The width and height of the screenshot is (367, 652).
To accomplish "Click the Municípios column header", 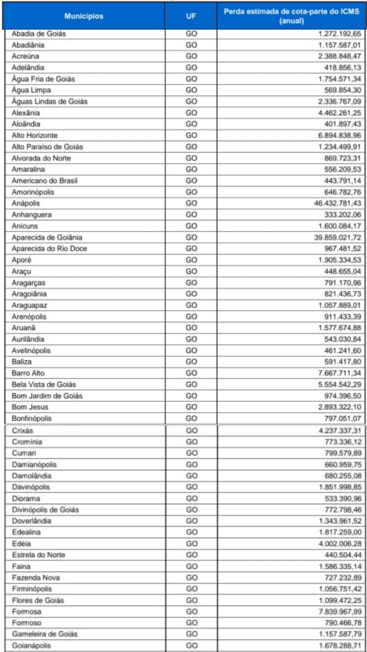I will (x=84, y=16).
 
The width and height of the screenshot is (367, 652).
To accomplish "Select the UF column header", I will (x=191, y=16).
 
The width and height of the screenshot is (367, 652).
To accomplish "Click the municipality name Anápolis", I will (x=26, y=203).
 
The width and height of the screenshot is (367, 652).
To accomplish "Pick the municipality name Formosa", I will (x=27, y=611).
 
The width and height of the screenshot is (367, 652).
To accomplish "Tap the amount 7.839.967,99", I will (x=337, y=611).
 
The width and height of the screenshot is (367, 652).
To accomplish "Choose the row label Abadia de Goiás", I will (x=38, y=34).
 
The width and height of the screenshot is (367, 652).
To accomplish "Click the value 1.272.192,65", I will (x=337, y=34).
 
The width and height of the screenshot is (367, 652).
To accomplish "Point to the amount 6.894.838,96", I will (x=337, y=135).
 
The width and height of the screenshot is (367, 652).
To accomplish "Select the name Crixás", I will (x=23, y=430).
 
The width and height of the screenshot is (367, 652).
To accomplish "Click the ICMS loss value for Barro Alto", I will (x=337, y=373).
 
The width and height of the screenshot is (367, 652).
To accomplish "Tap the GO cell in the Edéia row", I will (x=191, y=543).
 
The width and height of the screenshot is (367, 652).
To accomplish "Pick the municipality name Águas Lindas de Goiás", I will (x=50, y=101).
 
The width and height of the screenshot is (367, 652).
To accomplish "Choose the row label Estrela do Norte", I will (x=38, y=554).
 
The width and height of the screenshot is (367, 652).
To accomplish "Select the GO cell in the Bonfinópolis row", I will (x=191, y=418).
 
